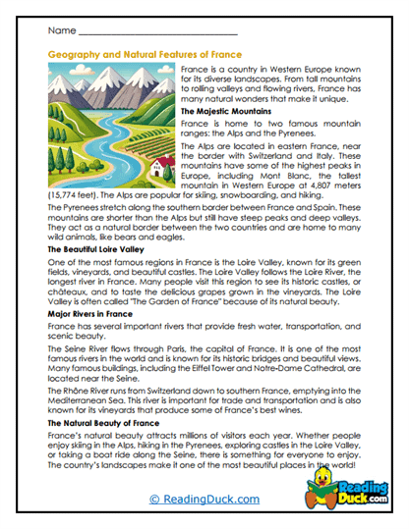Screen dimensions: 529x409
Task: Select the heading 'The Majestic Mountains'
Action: click(227, 113)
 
